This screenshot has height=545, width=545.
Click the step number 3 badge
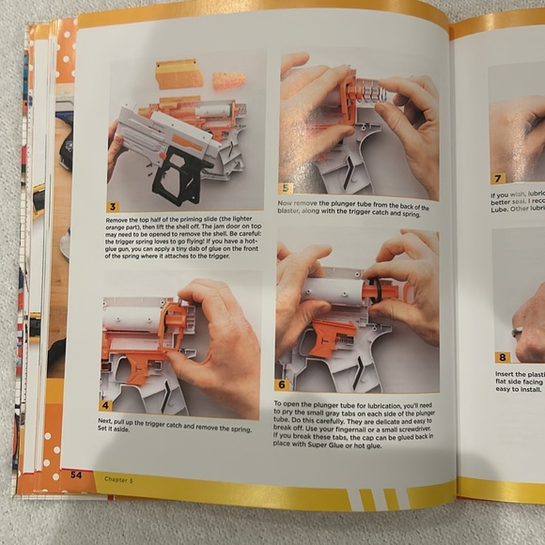pos(114,207)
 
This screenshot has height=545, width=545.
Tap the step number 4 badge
pos(105,405)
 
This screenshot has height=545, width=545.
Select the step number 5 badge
pos(287,188)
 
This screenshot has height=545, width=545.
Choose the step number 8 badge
pos(503,357)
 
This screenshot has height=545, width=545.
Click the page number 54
pos(75,475)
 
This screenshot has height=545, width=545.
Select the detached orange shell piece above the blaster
pos(179,74)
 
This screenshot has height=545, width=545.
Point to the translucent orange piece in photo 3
pos(228,81)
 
